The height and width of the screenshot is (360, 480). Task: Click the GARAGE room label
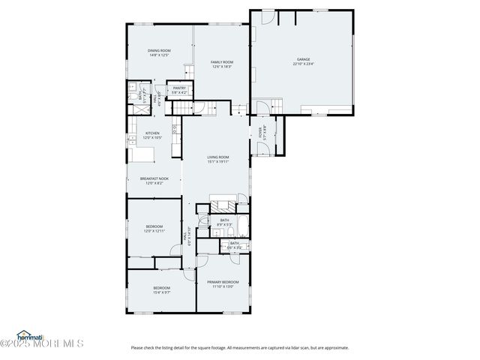tap(302, 59)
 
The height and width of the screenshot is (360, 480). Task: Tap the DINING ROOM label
tap(158, 50)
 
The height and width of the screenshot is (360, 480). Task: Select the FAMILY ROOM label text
tap(221, 61)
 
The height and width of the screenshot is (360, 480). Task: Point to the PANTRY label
tap(179, 88)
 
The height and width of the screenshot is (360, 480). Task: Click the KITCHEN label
tap(153, 133)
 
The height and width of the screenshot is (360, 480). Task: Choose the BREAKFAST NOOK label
tap(153, 178)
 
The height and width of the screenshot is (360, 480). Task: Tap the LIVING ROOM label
tap(218, 157)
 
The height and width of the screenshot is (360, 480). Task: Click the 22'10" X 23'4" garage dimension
tap(302, 64)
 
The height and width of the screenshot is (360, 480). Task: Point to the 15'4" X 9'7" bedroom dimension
tap(162, 292)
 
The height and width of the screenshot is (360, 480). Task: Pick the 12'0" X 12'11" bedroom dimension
tap(153, 231)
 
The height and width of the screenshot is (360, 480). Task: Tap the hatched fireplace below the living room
tap(222, 205)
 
